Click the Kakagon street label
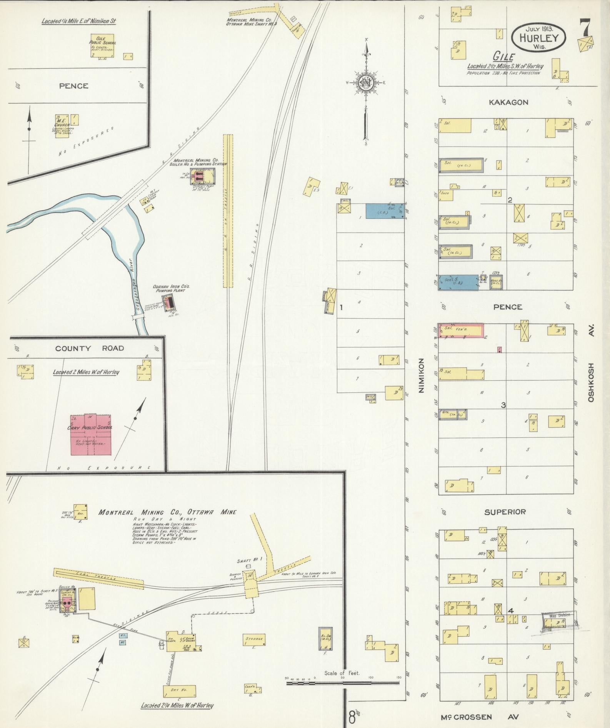coord(508,102)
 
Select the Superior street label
coord(505,512)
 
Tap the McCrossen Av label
coord(479,717)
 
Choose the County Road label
coord(90,348)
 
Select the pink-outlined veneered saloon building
coord(461,331)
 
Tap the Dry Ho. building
coord(180,690)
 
